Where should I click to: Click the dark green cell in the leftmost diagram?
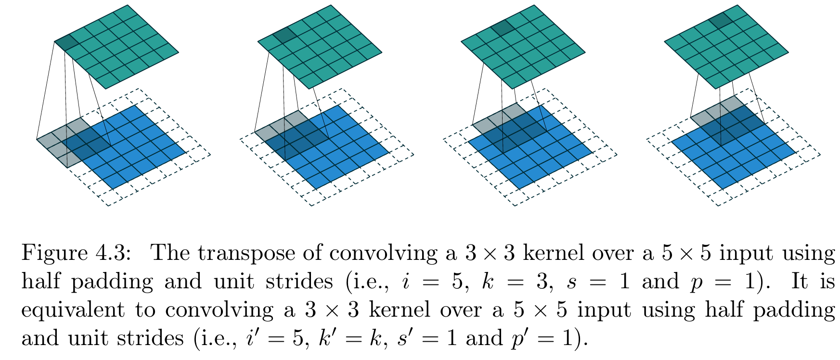pos(66,42)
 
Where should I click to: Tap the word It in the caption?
pos(799,282)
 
